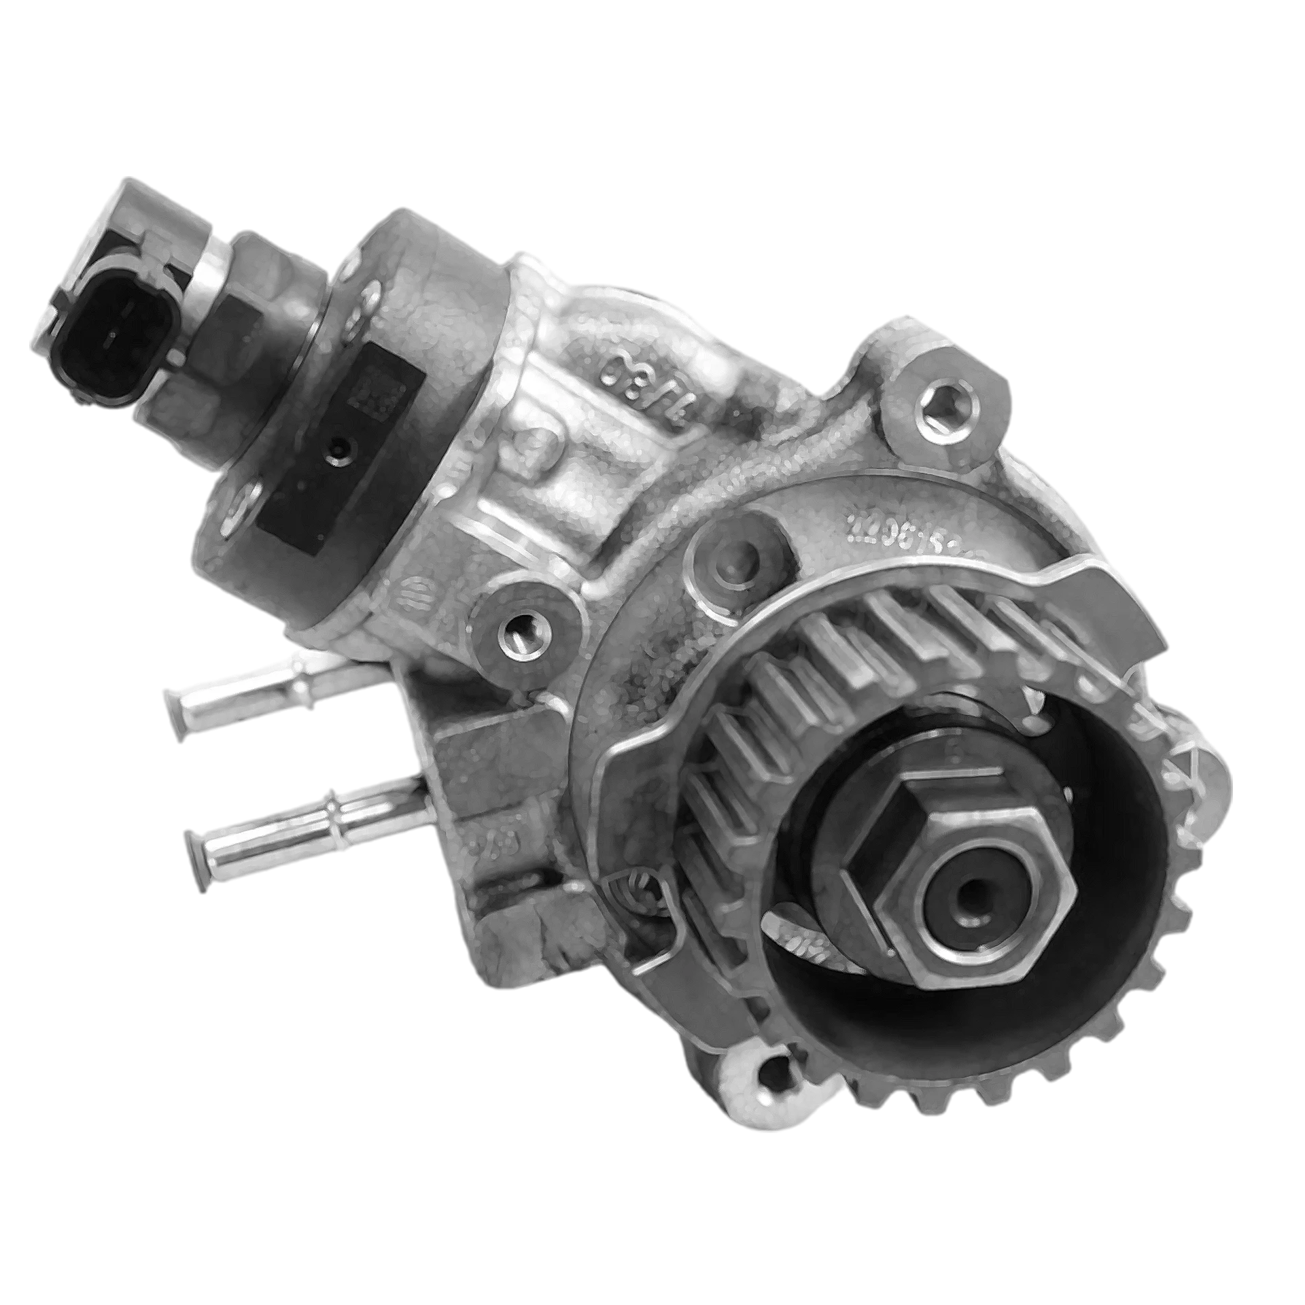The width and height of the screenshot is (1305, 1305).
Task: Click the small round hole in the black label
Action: pos(337,447)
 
